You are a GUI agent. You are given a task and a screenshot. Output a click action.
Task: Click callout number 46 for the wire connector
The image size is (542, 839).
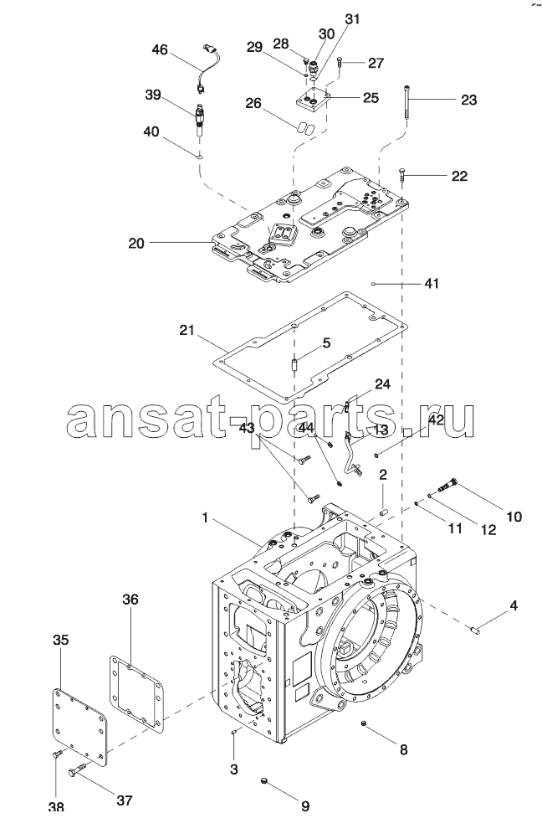point(159,51)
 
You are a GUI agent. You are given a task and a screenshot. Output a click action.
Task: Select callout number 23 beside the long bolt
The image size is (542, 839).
point(468,100)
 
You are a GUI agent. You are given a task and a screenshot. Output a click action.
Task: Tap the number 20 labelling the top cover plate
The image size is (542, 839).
point(137,244)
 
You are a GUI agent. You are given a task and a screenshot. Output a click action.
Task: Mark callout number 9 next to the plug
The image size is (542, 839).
point(304,806)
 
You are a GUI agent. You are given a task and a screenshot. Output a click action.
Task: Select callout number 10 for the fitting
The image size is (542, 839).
point(513,517)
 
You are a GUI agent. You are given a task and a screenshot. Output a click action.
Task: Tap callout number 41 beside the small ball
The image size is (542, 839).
point(431,284)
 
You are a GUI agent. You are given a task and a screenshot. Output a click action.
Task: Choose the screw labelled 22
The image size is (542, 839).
point(404,176)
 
